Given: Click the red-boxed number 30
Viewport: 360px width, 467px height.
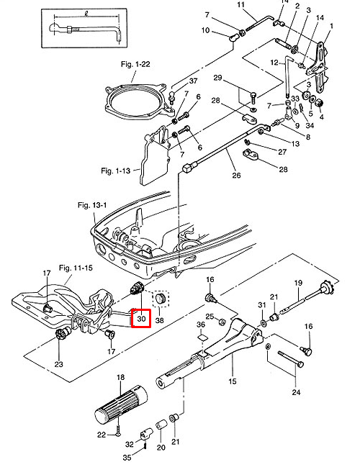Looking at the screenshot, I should click(140, 318).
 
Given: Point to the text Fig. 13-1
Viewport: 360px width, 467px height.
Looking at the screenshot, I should click(92, 204).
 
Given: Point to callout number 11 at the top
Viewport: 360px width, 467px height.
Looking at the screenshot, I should click(241, 5).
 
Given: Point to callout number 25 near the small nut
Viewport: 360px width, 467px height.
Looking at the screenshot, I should click(209, 317).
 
